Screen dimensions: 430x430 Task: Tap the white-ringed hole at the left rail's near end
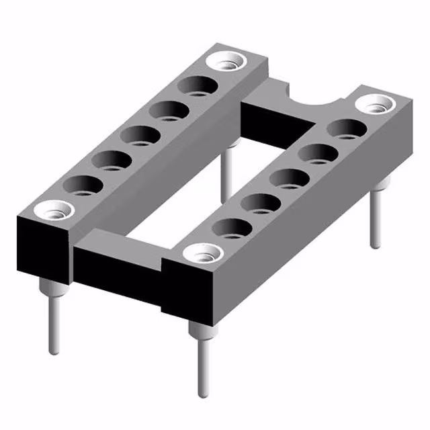point(54,210)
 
